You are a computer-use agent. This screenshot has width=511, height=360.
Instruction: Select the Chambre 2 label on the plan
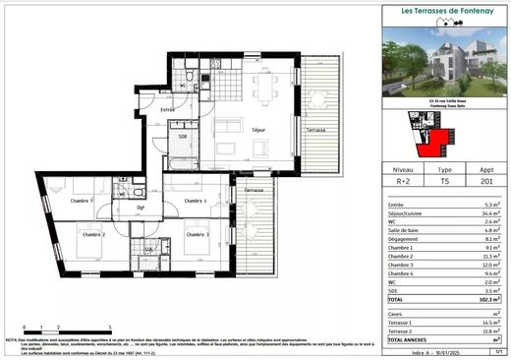(93, 235)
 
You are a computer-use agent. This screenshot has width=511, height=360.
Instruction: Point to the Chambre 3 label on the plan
(198, 235)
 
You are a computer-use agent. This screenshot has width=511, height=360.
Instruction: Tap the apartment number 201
(485, 181)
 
